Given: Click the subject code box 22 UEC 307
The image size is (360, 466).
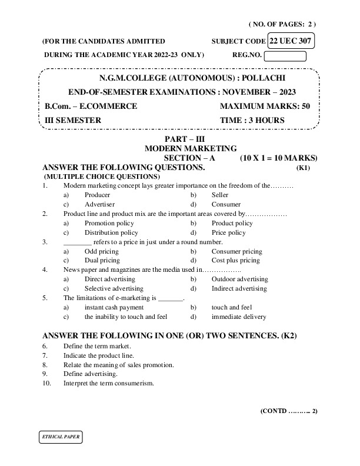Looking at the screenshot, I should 291,41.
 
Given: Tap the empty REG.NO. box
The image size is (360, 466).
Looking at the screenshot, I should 285,56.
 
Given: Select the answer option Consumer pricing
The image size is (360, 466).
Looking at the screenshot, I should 236,251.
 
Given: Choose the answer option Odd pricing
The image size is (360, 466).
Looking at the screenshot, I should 101,251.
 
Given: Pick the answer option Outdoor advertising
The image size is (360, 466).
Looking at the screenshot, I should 239,279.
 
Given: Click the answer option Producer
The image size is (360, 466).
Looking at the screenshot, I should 97,195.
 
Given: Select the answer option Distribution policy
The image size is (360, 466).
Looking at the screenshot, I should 111,232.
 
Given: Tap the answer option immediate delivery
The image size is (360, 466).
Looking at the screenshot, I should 238,317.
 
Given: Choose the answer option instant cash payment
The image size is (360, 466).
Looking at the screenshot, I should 114,307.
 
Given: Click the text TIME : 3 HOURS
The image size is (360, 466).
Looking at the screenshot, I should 252,121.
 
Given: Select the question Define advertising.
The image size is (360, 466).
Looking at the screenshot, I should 90,374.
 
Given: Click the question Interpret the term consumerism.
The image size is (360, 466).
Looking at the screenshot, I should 108,383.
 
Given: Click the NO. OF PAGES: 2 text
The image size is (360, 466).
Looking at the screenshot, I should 282,24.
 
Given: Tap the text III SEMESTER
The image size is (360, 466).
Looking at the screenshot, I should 73,121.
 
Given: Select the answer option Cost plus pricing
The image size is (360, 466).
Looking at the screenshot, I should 235,260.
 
